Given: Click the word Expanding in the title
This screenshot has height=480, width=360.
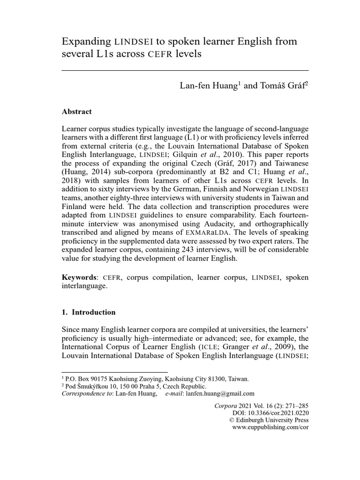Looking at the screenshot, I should [87, 42].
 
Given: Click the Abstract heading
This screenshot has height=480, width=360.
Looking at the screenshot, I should [76, 112].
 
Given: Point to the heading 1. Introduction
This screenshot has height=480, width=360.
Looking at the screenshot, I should [89, 312].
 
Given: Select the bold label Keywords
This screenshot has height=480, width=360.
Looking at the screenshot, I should [78, 277].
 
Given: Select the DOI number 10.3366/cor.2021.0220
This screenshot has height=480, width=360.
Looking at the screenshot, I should [283, 412].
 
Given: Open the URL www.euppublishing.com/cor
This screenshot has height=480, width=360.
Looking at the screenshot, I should [270, 427].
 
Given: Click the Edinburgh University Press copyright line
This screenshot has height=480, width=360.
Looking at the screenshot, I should [268, 420].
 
